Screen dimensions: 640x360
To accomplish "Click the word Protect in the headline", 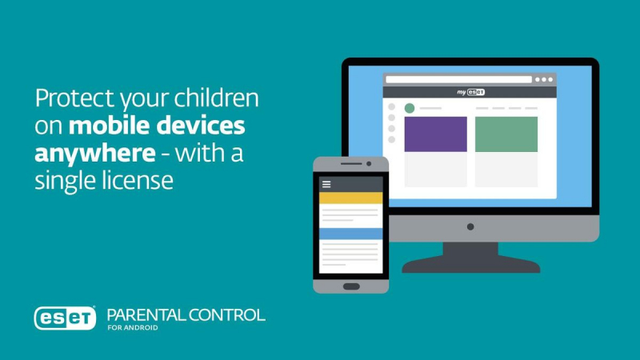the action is tap(74, 98).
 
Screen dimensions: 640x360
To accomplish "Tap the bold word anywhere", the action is tap(95, 154).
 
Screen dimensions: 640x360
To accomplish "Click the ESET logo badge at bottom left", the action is tap(66, 318).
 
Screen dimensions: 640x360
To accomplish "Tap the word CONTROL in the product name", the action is tap(227, 315).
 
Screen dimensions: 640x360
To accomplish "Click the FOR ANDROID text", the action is tap(133, 328).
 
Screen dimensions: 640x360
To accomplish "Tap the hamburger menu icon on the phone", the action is tap(326, 185).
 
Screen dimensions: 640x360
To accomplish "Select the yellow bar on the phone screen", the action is tap(350, 198).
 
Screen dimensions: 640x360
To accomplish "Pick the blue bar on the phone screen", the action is tap(350, 234).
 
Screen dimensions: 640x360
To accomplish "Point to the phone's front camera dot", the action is tap(369, 164).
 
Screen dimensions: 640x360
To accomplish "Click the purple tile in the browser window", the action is tap(435, 134).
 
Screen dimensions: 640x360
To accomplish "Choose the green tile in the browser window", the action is tap(506, 134).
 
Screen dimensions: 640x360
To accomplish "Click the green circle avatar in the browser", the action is tap(410, 108).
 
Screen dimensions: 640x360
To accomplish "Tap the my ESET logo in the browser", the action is tap(470, 92).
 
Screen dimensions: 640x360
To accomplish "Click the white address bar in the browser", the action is tap(458, 79).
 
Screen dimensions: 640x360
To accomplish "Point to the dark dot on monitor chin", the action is tap(470, 226).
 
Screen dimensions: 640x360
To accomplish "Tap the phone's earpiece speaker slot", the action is tap(351, 164).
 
